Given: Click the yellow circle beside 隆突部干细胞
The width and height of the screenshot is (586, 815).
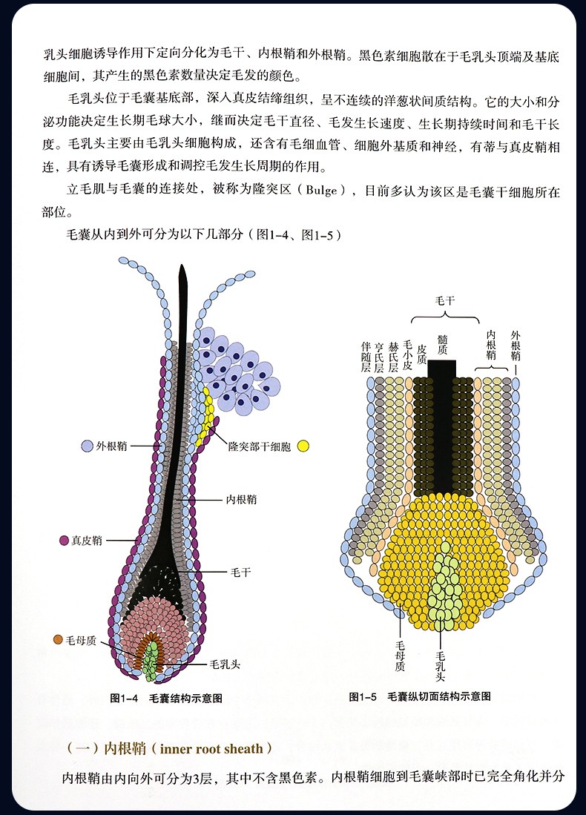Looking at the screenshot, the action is point(303,446).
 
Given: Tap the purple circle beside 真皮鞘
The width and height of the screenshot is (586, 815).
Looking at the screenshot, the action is point(65,541).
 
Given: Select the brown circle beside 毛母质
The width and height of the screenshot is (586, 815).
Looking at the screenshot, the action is point(58,639).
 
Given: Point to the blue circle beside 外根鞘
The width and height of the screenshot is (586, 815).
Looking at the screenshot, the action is point(88,446).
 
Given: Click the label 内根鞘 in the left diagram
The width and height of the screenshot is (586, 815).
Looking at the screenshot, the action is point(241,500).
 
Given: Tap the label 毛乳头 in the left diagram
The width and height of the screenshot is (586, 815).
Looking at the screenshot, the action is point(225,664).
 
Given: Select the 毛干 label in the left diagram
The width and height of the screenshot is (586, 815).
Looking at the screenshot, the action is point(240,573).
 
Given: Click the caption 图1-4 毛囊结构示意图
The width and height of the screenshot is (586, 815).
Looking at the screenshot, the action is point(166,698).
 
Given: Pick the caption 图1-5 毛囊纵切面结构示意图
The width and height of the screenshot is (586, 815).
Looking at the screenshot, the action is point(420,696).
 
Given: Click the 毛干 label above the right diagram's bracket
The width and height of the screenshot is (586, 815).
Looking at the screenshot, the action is point(445,300).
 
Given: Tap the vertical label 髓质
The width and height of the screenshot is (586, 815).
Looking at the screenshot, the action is point(443,345).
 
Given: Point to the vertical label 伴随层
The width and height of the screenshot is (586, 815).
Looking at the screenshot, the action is point(366,357).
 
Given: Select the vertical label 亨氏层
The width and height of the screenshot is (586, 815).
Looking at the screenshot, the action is point(380,357).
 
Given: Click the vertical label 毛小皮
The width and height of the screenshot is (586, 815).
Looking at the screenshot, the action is point(407,355).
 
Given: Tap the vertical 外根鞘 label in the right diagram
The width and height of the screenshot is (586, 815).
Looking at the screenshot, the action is point(516,346).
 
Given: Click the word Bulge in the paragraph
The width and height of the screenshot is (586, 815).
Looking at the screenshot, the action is point(322,191).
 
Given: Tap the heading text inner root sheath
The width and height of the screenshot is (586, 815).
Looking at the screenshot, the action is point(211,748).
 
